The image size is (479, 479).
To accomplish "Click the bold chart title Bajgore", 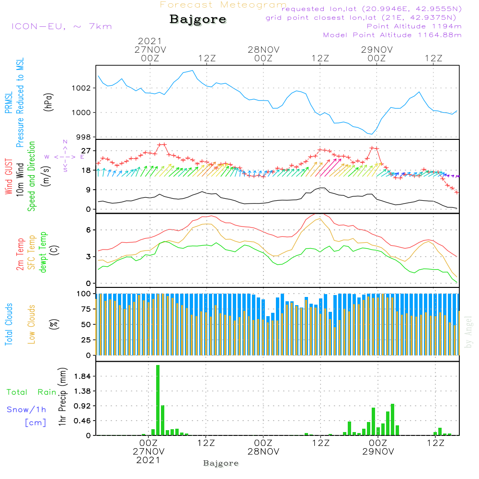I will click(x=198, y=20).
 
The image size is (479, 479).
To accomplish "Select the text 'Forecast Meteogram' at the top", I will click(x=223, y=5).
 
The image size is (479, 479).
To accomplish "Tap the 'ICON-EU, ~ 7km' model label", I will click(x=61, y=26).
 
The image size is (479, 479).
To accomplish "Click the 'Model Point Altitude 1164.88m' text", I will click(x=392, y=35).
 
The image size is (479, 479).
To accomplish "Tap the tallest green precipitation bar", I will click(x=158, y=400).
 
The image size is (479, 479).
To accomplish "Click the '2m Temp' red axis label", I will click(x=20, y=254).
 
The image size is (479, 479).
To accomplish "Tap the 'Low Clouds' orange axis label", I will click(x=32, y=324).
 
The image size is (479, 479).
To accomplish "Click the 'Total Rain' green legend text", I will click(x=32, y=392).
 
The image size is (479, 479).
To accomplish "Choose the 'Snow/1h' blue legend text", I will click(x=27, y=410).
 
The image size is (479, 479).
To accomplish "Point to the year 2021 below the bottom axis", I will click(x=148, y=460).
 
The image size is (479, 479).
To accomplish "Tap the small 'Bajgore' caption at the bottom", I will click(x=221, y=463).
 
